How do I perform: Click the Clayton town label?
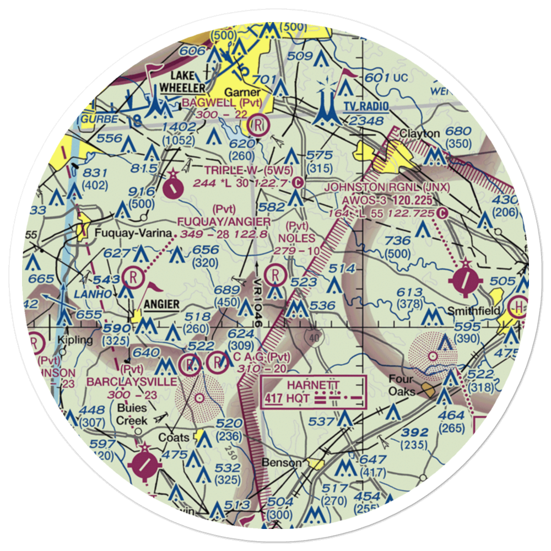coord(420,133)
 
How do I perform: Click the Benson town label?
coord(283,462)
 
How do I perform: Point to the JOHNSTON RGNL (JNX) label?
coord(387,187)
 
